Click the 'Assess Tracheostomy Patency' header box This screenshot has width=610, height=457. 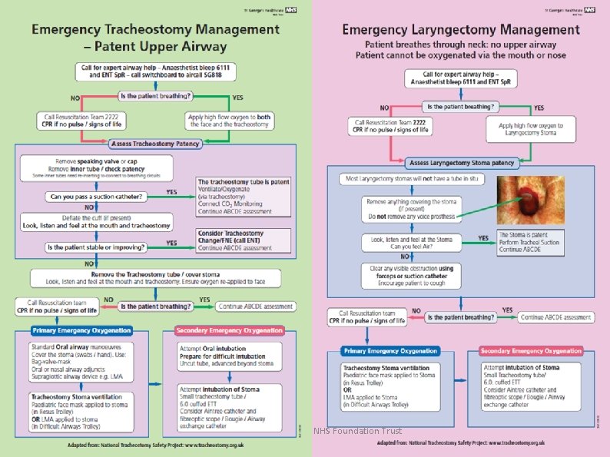tap(156, 144)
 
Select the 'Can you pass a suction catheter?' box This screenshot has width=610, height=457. tap(95, 196)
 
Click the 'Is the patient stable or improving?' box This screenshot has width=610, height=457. tap(96, 247)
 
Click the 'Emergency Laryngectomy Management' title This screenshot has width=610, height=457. tap(461, 30)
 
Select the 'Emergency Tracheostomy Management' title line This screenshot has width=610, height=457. tap(155, 30)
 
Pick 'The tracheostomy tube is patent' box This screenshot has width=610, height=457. tap(244, 195)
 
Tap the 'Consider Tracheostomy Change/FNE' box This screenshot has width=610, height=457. tap(244, 240)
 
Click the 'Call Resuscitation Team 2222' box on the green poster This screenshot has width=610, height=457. tap(81, 121)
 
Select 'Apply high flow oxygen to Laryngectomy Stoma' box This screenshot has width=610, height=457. tap(530, 130)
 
